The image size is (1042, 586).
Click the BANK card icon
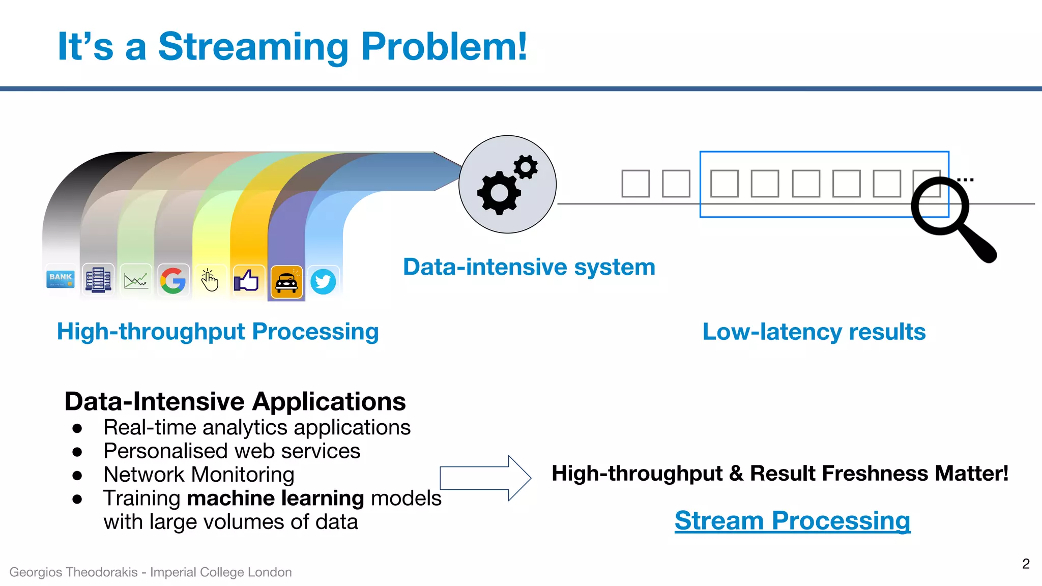tap(61, 279)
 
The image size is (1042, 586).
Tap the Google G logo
tap(173, 280)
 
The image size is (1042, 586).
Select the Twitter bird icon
tap(323, 281)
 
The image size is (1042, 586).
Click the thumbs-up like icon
tap(247, 280)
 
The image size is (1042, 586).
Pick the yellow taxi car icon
tap(286, 282)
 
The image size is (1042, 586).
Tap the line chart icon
tap(136, 280)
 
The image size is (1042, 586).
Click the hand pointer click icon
tap(210, 280)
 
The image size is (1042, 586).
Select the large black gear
tap(498, 193)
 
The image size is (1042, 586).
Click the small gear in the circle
tap(526, 167)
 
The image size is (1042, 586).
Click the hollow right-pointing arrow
tap(485, 478)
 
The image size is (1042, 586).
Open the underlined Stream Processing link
tap(792, 521)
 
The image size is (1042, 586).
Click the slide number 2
tap(1026, 564)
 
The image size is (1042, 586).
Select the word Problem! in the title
tap(444, 47)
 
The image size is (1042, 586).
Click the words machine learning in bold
tap(275, 499)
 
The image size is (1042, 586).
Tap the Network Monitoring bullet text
tap(199, 475)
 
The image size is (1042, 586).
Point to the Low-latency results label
tap(814, 332)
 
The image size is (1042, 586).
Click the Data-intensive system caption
tap(529, 267)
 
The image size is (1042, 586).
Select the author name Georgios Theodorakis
tap(73, 572)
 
